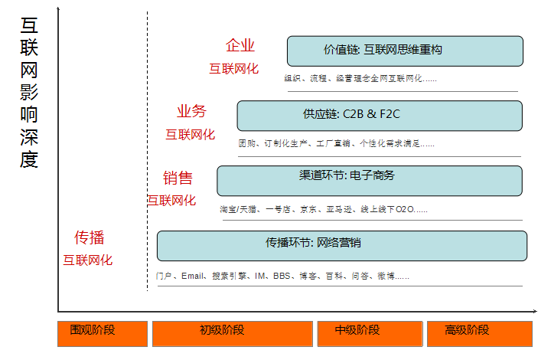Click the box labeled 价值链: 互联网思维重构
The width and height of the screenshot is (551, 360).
[405, 51]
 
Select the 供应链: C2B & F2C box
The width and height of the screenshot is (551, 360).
[379, 116]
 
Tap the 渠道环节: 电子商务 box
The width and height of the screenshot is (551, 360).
[370, 181]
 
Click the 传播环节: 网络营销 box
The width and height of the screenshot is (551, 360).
[342, 245]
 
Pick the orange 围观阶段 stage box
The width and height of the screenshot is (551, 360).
[102, 333]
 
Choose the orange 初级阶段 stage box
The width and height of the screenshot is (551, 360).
[233, 333]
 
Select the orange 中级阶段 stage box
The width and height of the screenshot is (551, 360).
[369, 333]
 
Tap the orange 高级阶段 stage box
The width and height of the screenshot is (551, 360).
[478, 333]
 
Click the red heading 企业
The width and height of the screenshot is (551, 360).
[240, 46]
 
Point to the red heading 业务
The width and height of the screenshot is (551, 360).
[191, 111]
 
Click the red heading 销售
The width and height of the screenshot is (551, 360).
[178, 178]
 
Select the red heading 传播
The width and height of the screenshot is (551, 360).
[89, 237]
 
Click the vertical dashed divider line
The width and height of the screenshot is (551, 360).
[147, 153]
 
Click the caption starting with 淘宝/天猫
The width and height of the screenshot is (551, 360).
[323, 208]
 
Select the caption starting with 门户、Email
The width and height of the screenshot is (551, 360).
[284, 276]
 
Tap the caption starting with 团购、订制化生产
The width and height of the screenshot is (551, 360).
[336, 143]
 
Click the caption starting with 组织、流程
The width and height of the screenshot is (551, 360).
[360, 78]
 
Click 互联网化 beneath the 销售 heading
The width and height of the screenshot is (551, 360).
[171, 201]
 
